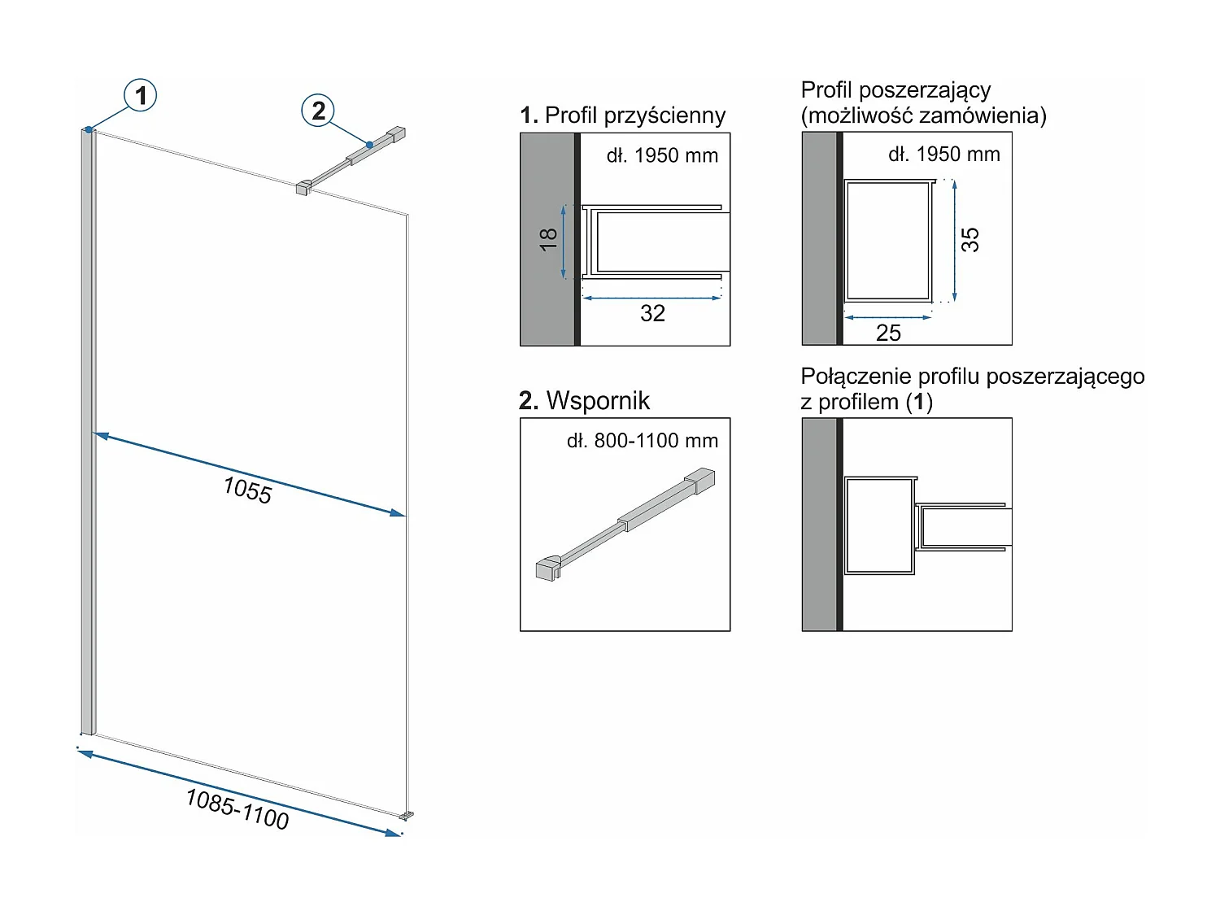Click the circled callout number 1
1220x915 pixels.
(x=141, y=95)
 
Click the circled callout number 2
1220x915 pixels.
(x=319, y=111)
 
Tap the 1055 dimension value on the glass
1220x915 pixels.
(x=247, y=490)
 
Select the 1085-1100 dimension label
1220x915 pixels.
(x=237, y=808)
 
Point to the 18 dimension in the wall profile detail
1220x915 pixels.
(x=549, y=239)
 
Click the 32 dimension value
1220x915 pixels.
(x=652, y=313)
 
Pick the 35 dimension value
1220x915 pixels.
(x=969, y=239)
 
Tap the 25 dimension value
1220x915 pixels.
(x=888, y=333)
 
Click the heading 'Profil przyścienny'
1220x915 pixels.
(x=634, y=115)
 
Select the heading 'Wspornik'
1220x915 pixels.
(x=598, y=401)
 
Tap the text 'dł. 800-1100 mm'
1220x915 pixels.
(x=643, y=441)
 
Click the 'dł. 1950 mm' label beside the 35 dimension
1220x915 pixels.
(x=943, y=155)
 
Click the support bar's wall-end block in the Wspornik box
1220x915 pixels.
(x=699, y=481)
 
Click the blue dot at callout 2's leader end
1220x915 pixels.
(x=369, y=145)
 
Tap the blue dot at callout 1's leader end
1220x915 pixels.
(x=89, y=129)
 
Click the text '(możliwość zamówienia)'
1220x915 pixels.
(x=923, y=115)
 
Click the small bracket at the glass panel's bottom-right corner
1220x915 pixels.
(x=407, y=814)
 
